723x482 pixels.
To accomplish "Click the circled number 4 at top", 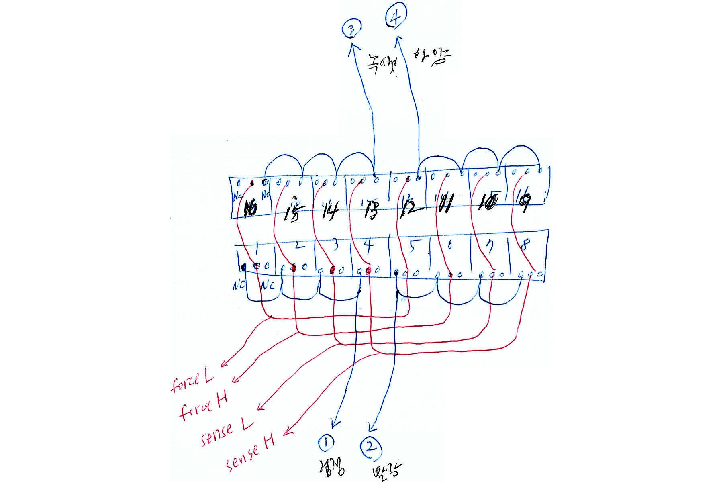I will [396, 18].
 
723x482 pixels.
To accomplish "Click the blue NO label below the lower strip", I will [239, 285].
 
